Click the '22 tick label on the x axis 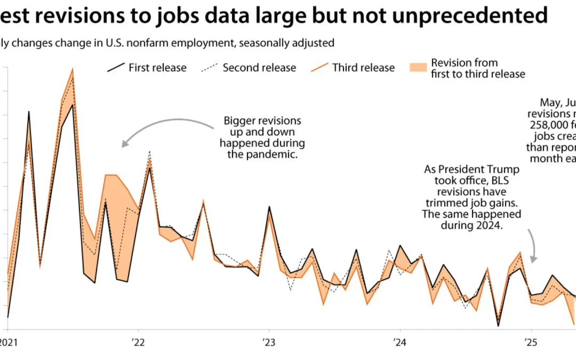click(138, 342)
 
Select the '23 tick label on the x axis click(268, 342)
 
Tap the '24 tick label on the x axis click(399, 342)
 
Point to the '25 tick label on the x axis click(530, 342)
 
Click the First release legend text click(157, 68)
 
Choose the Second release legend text click(259, 68)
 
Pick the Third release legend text click(363, 68)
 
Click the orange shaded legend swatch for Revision click(419, 67)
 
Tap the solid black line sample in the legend click(116, 68)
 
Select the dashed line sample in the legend click(209, 68)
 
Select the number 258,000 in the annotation click(549, 125)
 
